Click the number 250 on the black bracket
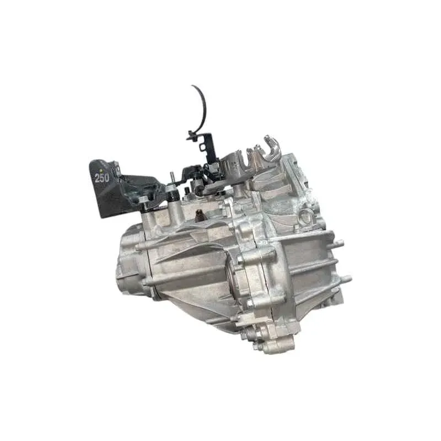(x=101, y=178)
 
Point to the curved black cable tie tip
(x=192, y=85)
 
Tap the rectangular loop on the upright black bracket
(x=202, y=147)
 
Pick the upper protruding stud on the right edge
(x=338, y=243)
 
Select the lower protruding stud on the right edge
(x=346, y=279)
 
